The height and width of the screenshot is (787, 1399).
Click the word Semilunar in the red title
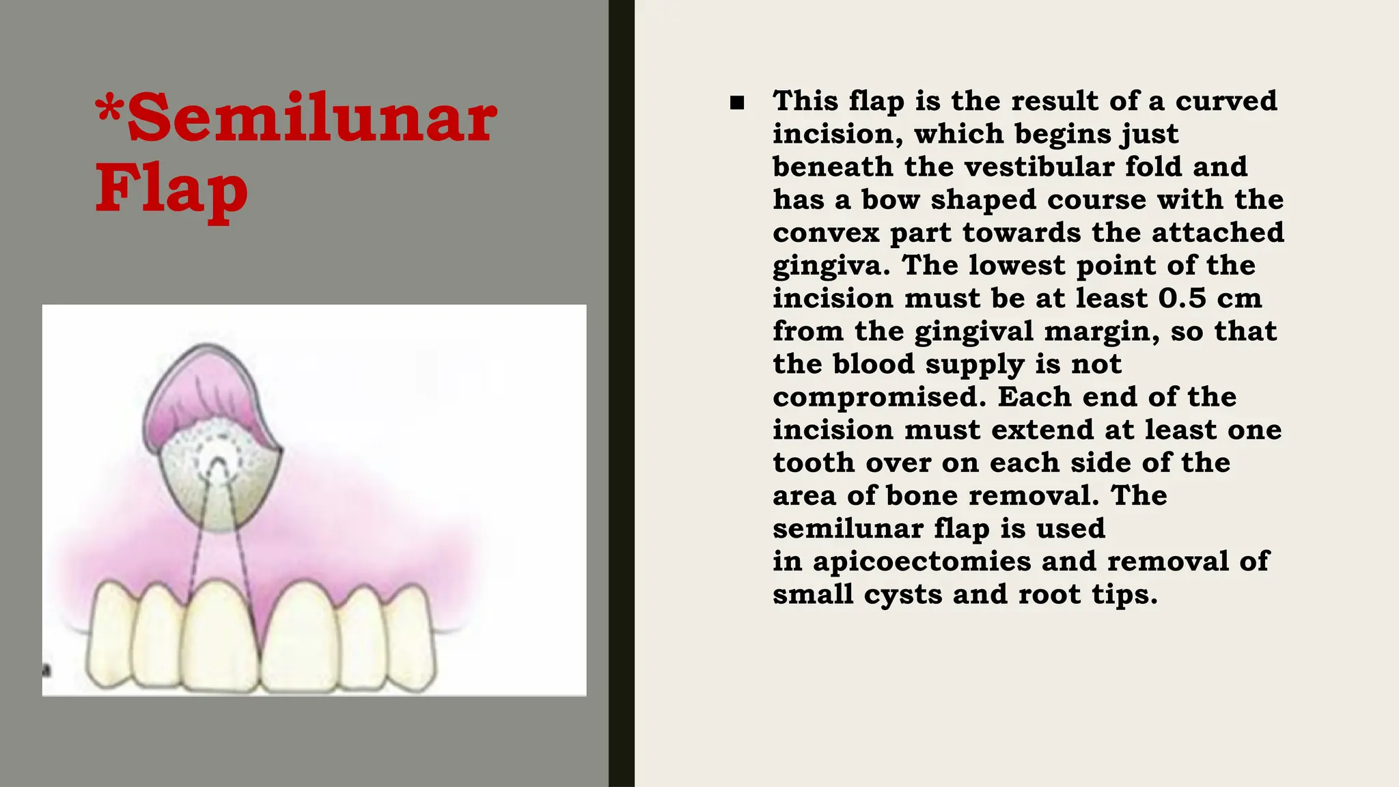tap(312, 119)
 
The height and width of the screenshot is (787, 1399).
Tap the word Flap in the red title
tap(171, 190)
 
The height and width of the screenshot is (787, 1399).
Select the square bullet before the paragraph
tap(736, 103)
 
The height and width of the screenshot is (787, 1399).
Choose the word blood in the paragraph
tap(874, 363)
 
